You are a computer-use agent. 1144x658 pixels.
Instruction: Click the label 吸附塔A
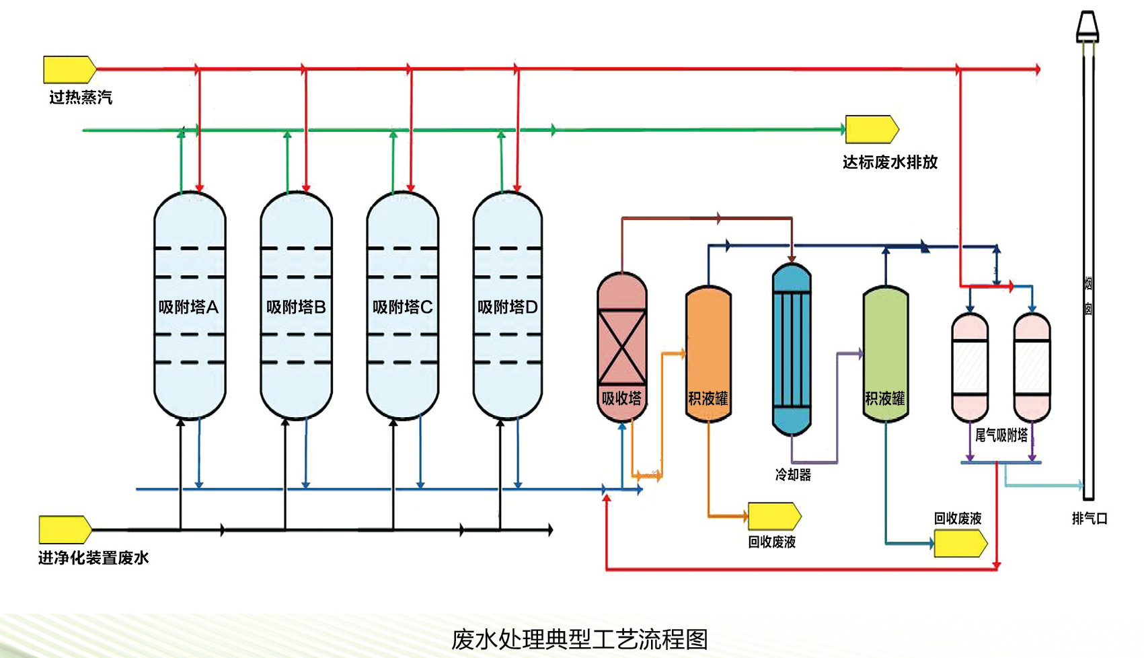[x=188, y=307]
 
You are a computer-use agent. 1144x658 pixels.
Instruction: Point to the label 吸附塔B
[x=296, y=307]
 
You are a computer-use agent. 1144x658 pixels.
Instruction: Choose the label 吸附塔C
[x=402, y=307]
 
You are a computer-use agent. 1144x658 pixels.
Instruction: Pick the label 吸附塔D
[x=507, y=307]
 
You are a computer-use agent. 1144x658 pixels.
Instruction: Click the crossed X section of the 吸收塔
[x=622, y=347]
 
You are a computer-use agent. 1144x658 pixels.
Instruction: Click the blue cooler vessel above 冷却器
[x=792, y=349]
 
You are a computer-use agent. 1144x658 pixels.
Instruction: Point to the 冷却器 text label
[x=793, y=475]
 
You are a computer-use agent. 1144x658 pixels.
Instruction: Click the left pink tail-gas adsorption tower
[x=970, y=367]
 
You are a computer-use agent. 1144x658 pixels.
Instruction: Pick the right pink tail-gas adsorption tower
[x=1032, y=367]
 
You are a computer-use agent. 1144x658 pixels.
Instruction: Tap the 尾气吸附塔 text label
[x=1001, y=435]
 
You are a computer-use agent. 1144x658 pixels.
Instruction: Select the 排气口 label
[x=1090, y=518]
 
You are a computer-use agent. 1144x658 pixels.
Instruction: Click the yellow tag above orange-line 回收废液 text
[x=774, y=516]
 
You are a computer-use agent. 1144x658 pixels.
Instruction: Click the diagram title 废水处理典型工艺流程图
[x=579, y=639]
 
